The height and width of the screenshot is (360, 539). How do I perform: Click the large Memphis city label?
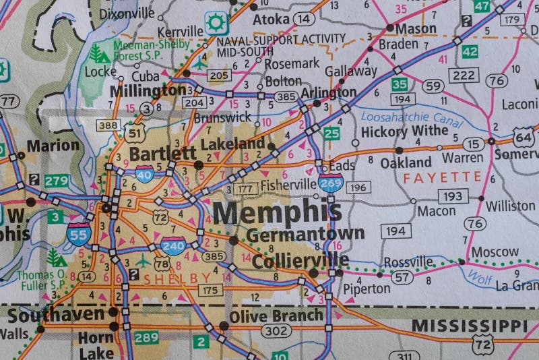[x=277, y=213]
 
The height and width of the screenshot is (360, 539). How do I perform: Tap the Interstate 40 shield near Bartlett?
[x=144, y=174]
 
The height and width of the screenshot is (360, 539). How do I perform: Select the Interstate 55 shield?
[x=79, y=233]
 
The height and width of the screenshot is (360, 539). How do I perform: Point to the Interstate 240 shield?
[x=172, y=246]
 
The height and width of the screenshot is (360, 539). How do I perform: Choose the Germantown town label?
[x=305, y=235]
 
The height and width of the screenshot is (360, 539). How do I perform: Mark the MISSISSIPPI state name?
[x=470, y=326]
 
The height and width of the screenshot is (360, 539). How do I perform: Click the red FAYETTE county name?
[x=443, y=177]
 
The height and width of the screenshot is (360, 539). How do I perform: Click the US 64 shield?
[x=523, y=138]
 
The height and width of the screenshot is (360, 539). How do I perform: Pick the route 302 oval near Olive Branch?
[x=276, y=331]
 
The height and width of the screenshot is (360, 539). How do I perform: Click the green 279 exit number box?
[x=57, y=181]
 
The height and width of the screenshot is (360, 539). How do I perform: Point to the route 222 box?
[x=464, y=75]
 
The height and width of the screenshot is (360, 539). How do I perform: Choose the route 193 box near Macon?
[x=453, y=196]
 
